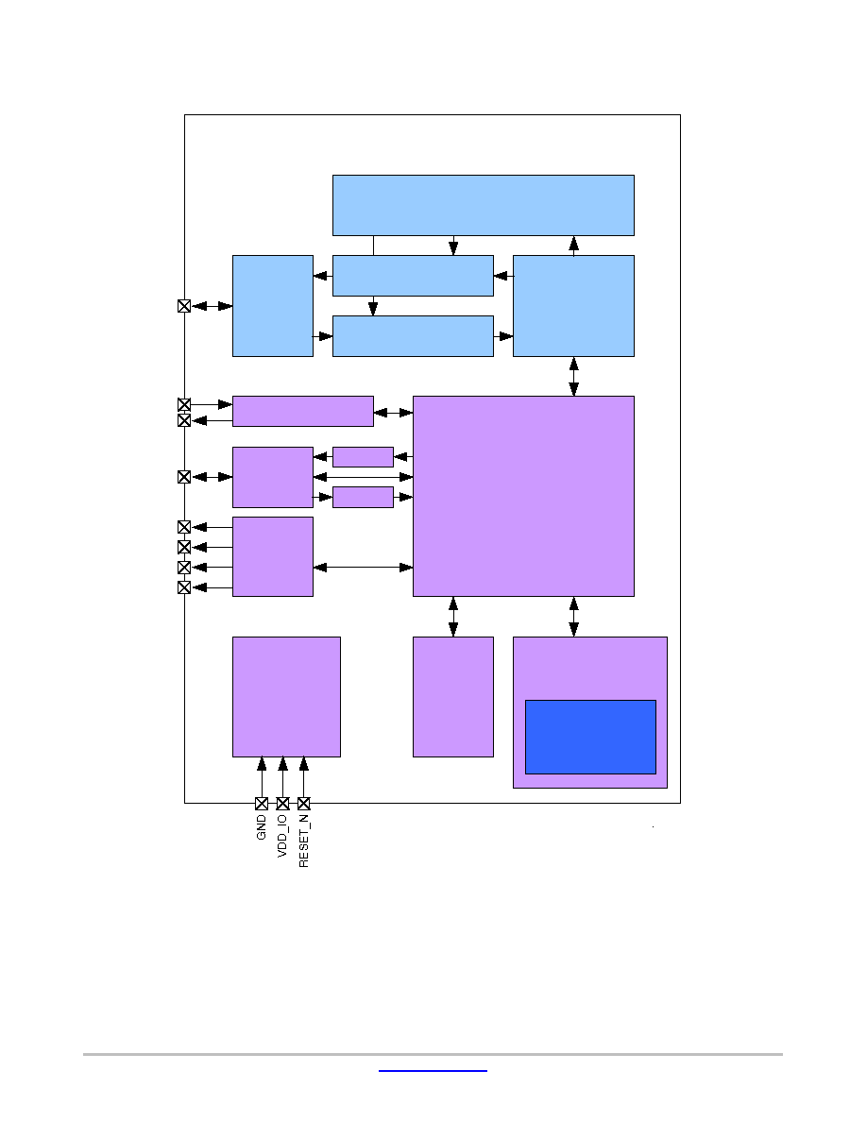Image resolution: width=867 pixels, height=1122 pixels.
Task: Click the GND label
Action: [x=261, y=827]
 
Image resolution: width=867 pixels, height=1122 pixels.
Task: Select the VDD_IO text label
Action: [x=281, y=836]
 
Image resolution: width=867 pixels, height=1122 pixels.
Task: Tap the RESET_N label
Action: [x=304, y=841]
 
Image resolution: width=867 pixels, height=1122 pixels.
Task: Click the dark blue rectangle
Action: [x=590, y=737]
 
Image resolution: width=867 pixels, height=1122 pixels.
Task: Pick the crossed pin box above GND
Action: [x=262, y=804]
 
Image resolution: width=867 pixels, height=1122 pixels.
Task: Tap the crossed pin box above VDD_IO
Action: [x=282, y=804]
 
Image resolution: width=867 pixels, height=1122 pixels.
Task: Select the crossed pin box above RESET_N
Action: [x=304, y=804]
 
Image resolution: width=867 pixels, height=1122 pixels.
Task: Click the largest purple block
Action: [x=523, y=496]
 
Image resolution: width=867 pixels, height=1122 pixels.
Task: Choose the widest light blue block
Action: [x=484, y=205]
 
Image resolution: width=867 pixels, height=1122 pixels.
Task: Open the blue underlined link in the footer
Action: [x=433, y=1071]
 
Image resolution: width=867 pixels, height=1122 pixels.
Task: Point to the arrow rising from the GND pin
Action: [x=262, y=777]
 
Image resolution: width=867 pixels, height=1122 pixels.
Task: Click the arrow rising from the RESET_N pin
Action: [x=304, y=777]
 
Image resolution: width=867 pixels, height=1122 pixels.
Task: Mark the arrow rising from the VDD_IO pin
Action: [x=282, y=777]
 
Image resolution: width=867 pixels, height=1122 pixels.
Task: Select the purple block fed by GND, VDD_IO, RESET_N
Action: [x=286, y=697]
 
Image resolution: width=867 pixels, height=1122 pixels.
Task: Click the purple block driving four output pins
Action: [x=273, y=556]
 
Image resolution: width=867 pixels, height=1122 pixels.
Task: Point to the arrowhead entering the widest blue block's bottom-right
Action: [x=573, y=244]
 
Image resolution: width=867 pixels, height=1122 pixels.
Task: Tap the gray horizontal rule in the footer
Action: [x=433, y=1054]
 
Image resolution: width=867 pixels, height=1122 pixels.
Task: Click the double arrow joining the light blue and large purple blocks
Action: [x=573, y=377]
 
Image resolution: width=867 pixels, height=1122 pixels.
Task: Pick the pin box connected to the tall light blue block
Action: [x=184, y=306]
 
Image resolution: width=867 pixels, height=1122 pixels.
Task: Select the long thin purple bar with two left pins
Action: [x=302, y=412]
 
